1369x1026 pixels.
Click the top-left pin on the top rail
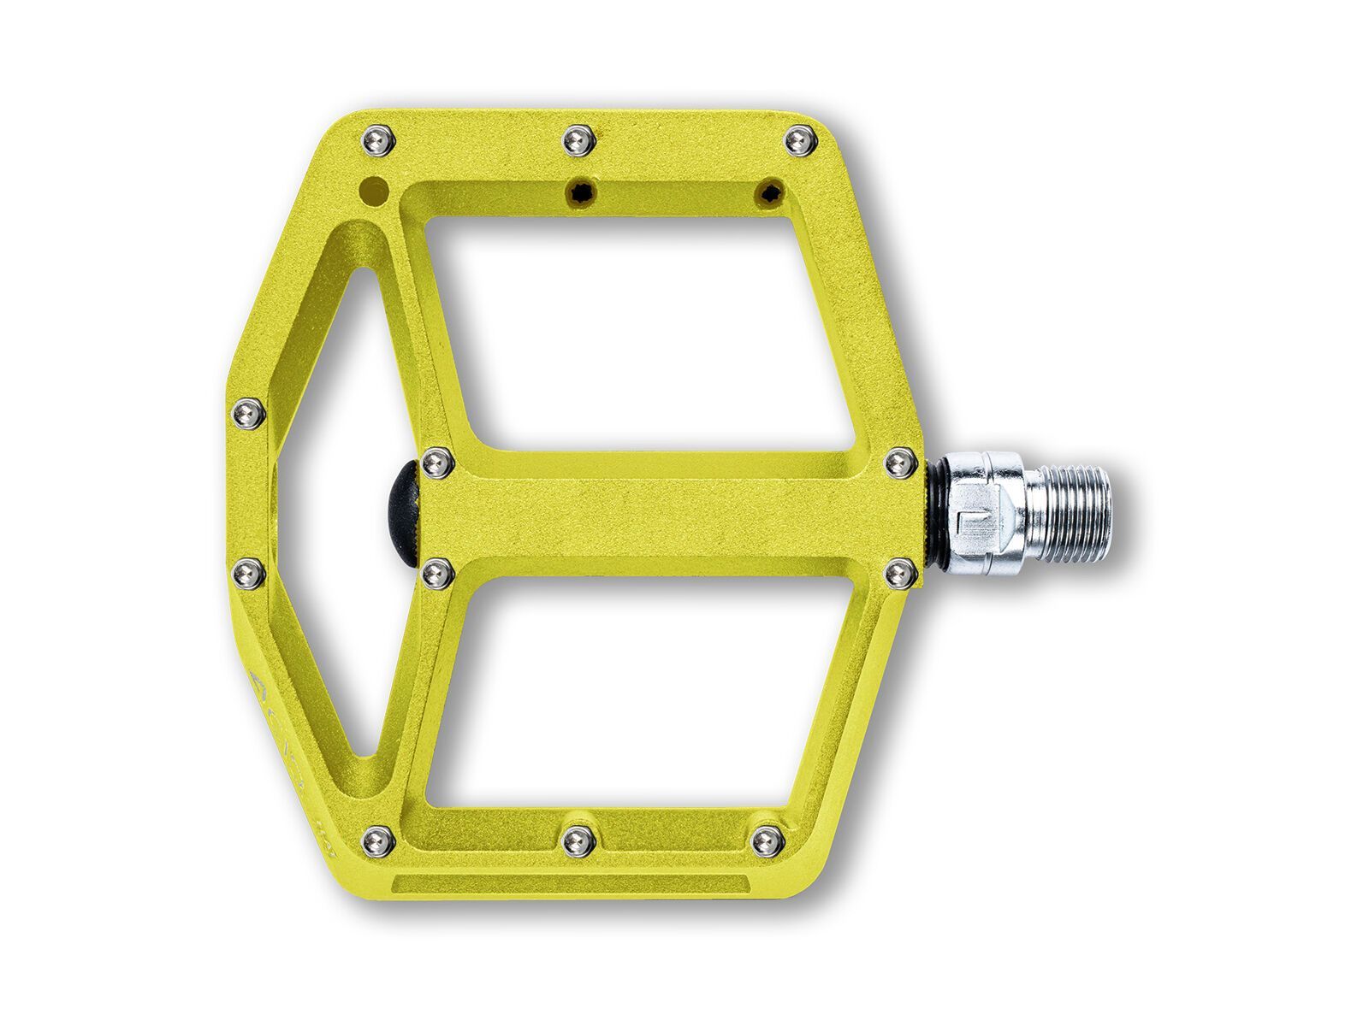[380, 139]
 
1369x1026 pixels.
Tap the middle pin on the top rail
[579, 139]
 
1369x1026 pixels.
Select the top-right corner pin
[801, 139]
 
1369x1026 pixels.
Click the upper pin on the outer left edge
[249, 414]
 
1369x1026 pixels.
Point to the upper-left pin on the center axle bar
[437, 463]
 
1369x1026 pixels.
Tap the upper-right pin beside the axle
[899, 463]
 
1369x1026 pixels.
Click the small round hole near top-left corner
[371, 189]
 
